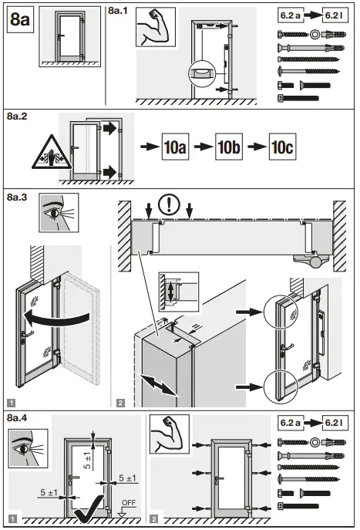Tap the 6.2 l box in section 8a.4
coord(337,423)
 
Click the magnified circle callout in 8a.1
coord(200,75)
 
